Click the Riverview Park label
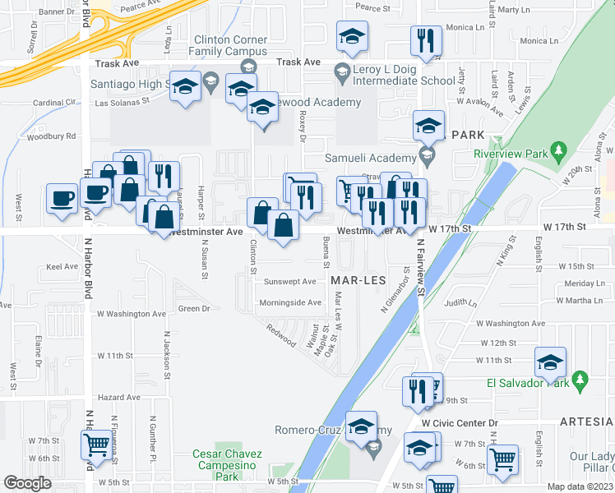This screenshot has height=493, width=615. [x=510, y=153]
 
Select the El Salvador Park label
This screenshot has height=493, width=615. [x=528, y=382]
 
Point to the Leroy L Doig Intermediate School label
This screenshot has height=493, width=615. [x=404, y=81]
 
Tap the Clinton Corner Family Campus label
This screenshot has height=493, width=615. [x=230, y=45]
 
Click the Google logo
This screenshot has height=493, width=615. [x=27, y=483]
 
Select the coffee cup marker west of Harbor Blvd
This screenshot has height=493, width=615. [x=62, y=198]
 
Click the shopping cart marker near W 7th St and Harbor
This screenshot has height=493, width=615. [x=97, y=445]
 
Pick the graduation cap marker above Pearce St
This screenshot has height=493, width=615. [x=352, y=35]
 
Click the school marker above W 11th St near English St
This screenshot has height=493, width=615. [x=550, y=362]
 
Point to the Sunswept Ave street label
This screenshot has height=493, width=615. [x=289, y=281]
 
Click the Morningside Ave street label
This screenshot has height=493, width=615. [x=290, y=302]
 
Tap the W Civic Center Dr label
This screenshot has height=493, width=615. [x=460, y=423]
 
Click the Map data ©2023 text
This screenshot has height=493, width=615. [x=580, y=486]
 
